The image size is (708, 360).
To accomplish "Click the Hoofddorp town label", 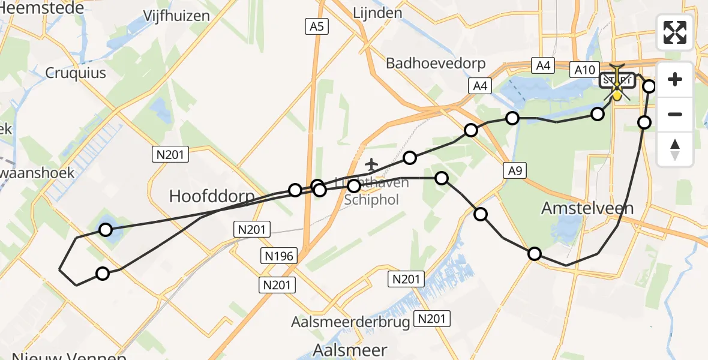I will tap(212, 196).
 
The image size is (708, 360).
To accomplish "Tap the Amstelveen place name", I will tap(587, 208).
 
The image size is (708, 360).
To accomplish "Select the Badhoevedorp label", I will tap(436, 64).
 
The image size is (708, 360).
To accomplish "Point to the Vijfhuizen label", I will tap(176, 16).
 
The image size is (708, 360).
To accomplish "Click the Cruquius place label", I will tap(76, 73).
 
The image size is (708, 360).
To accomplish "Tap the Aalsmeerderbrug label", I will tap(350, 322).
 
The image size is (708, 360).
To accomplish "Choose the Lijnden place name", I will tap(377, 13).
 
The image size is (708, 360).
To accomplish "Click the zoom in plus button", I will tap(675, 79).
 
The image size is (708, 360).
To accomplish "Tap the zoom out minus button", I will tap(675, 114).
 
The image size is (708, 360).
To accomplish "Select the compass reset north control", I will tap(675, 149).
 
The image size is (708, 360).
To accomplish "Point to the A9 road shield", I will tap(515, 172).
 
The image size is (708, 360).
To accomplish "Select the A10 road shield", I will tap(584, 70).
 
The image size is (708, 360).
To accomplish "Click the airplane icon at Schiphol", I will tap(372, 163).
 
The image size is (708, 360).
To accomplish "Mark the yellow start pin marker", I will tap(617, 95).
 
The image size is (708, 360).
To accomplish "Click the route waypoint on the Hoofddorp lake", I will tap(106, 229).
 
